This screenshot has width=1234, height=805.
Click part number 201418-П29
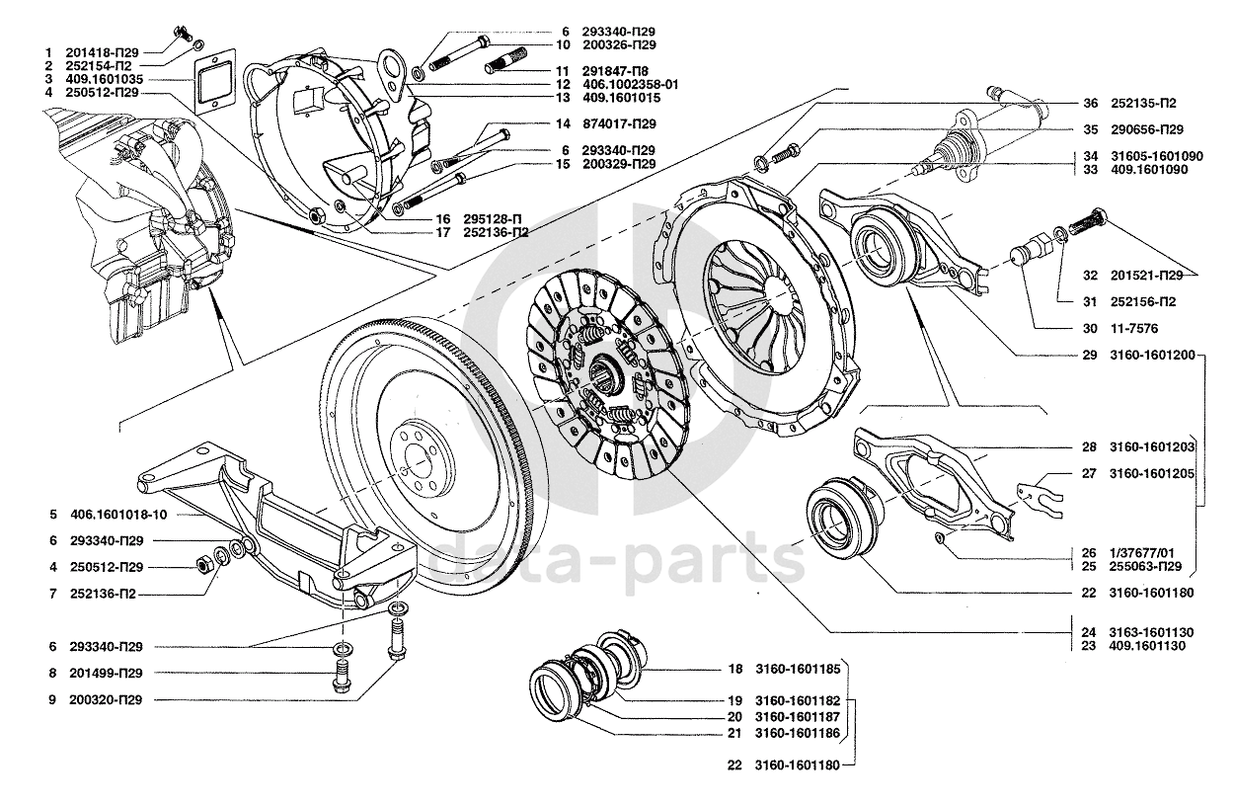pos(102,53)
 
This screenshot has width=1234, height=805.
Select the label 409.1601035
pos(104,79)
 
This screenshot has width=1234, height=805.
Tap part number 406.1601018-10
pos(118,515)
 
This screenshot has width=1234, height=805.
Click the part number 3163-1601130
pos(1151,632)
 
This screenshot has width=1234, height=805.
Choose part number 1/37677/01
pos(1142,553)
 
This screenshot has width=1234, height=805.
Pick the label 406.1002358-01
pos(630,84)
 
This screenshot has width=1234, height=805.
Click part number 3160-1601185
pos(798,670)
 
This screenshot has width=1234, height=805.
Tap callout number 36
pos(1090,103)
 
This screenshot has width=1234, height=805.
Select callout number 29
pos(1090,355)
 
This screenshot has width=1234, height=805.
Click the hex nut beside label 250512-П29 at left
pos(203,563)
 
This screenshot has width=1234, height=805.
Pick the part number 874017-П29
pos(619,124)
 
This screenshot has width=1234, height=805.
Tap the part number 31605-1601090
pos(1157,156)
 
